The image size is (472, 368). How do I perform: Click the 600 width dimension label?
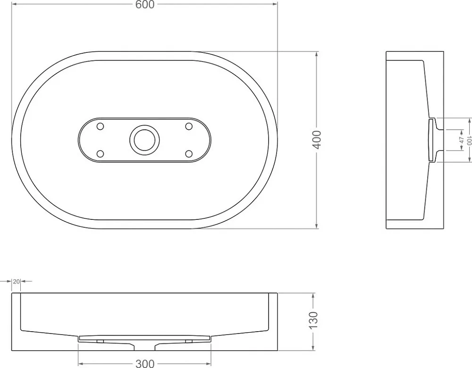(145, 5)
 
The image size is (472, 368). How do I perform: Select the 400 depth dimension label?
(317, 140)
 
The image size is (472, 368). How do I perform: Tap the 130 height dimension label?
(313, 320)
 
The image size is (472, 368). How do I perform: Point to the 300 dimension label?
(145, 363)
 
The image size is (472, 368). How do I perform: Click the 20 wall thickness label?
(16, 281)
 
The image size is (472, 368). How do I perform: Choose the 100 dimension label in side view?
(469, 140)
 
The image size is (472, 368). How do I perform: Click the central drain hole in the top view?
(144, 140)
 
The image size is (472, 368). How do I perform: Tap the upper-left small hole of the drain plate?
(100, 126)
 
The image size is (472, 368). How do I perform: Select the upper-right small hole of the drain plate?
(189, 126)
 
